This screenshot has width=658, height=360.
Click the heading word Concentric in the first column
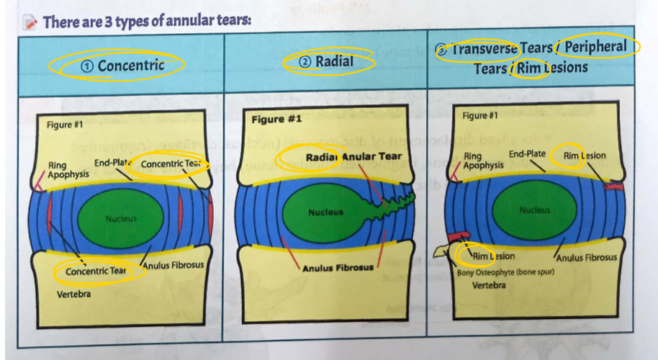[x=130, y=66]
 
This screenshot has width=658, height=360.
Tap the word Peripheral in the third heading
[x=595, y=47]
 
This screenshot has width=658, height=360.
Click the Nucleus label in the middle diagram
[x=325, y=212]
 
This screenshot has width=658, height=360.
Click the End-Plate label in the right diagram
[x=527, y=154]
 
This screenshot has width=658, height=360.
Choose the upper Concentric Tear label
[x=169, y=164]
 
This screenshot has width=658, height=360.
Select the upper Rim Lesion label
[x=584, y=156]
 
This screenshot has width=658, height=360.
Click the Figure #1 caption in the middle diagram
[x=276, y=118]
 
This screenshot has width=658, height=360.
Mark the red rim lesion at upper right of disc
[x=614, y=186]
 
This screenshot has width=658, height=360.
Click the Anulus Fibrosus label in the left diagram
[x=173, y=265]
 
